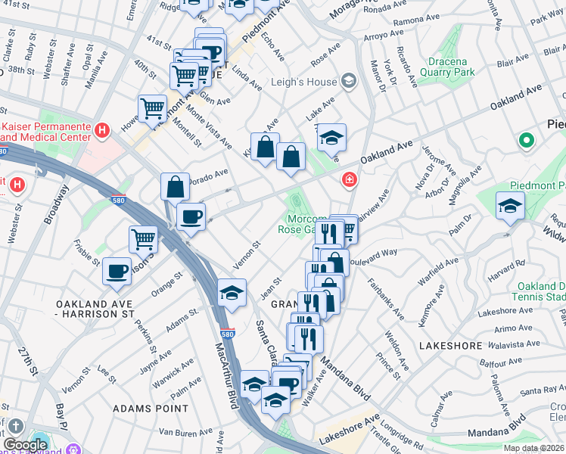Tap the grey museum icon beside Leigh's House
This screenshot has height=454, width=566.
(348, 80)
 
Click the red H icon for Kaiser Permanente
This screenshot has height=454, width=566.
(101, 130)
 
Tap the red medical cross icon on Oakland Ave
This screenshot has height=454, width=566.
(349, 180)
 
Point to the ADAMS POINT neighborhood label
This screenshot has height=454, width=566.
(150, 408)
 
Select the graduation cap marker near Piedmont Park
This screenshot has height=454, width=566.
(510, 205)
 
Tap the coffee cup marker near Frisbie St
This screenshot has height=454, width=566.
(117, 271)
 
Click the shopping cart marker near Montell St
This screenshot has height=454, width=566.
(152, 109)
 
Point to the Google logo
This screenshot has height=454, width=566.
(26, 445)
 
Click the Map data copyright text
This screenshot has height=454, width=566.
(533, 448)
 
